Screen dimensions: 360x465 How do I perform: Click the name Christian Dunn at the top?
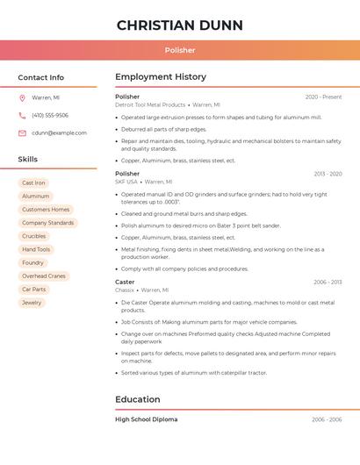[179, 25]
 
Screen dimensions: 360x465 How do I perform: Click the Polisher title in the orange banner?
[179, 50]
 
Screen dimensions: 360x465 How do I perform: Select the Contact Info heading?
[40, 77]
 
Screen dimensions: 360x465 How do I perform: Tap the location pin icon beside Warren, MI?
[22, 98]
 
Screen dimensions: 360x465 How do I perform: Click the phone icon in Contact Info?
[22, 116]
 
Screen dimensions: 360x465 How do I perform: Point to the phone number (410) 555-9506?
[50, 116]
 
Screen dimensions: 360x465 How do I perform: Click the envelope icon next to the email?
[22, 133]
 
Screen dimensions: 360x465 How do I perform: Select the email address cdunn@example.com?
[59, 133]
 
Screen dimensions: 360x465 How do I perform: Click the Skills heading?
[28, 160]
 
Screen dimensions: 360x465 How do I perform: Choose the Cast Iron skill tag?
[33, 183]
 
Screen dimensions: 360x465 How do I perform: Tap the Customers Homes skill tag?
[46, 210]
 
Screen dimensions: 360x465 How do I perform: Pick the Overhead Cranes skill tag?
[44, 276]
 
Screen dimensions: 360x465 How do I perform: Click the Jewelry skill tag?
[32, 303]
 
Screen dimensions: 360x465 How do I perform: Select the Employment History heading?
[161, 77]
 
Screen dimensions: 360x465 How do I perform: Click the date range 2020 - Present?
[323, 97]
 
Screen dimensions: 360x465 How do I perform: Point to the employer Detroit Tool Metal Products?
[150, 104]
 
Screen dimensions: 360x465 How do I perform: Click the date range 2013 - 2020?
[328, 175]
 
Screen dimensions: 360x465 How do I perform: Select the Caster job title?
[125, 283]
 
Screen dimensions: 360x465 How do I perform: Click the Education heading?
[138, 400]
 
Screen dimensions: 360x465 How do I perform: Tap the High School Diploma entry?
[146, 420]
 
